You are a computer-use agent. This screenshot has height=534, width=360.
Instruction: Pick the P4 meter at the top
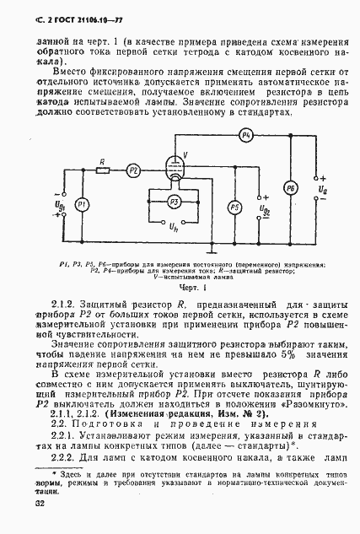point(246,135)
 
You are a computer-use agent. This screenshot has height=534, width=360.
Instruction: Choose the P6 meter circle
point(291,187)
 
